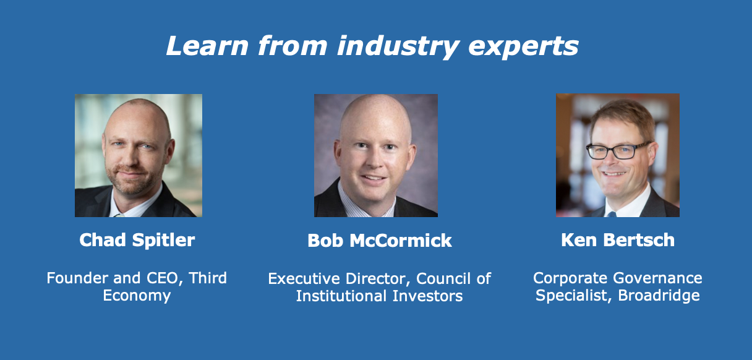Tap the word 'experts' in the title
pos(523,48)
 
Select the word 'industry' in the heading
pos(398,46)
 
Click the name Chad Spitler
pos(137,240)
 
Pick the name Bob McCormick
pos(379,241)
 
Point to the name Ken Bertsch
pos(618,240)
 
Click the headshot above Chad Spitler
pos(139,155)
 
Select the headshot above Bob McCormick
pos(375,155)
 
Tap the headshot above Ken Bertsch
pos(618,155)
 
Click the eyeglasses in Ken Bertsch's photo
pos(617,151)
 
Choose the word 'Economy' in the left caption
pos(137,296)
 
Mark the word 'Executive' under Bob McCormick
pos(304,279)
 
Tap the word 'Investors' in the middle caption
pos(427,296)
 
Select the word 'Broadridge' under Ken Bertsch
pos(659,296)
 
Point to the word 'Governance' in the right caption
pos(657,278)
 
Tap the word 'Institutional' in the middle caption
pos(341,296)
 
